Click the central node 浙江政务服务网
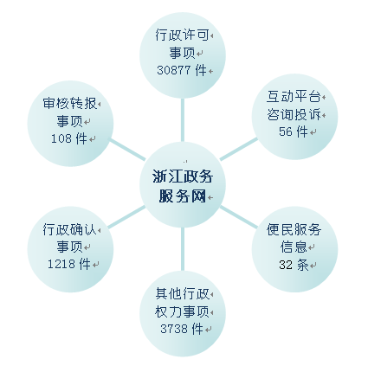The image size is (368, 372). point(183,184)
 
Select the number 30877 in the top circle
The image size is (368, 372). point(174,70)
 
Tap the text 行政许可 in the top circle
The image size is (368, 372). point(182,35)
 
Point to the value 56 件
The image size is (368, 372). point(294,131)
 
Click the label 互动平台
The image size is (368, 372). point(294,96)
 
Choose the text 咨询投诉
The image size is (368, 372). point(294,114)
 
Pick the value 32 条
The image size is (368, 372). point(294,265)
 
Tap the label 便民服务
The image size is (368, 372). point(294,229)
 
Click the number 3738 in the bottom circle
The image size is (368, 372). point(174,329)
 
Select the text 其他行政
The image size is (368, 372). point(182,293)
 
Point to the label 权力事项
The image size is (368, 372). point(182,311)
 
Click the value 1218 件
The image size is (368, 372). point(69,264)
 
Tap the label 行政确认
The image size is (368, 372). point(69,229)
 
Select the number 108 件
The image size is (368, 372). point(69,138)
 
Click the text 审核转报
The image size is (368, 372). point(70,104)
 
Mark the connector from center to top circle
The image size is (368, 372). point(183,120)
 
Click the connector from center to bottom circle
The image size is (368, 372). point(183,249)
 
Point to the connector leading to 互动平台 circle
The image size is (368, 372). point(238,149)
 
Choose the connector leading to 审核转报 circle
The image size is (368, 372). point(126,149)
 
